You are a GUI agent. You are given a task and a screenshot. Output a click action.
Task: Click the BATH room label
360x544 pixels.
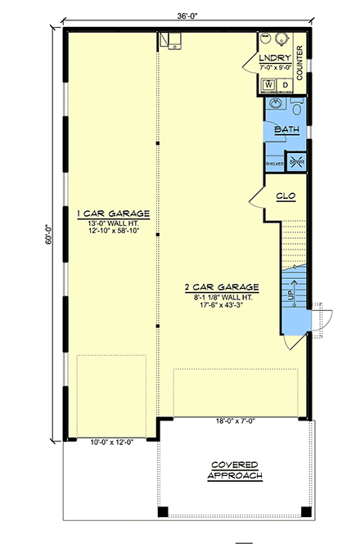286,129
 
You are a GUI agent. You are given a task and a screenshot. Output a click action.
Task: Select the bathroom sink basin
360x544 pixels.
272,106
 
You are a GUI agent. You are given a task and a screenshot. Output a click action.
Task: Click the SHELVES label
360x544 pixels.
273,164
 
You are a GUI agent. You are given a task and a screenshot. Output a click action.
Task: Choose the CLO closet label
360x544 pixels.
286,196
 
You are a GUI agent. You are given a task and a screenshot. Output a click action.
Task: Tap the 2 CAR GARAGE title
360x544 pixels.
221,287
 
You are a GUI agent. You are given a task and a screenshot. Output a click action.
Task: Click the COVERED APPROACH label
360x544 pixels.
236,469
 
